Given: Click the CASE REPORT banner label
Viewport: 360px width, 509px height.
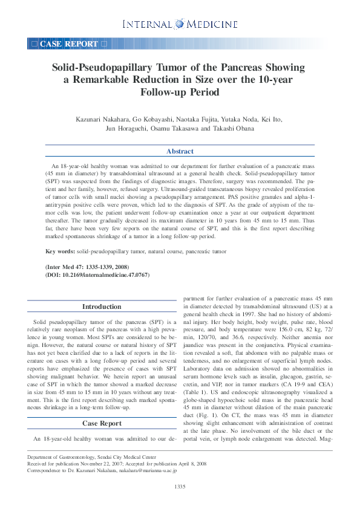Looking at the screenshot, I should [x=68, y=44].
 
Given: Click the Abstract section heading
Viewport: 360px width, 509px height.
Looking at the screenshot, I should [x=180, y=151].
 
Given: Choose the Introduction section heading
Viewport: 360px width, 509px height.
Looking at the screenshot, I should [x=102, y=306].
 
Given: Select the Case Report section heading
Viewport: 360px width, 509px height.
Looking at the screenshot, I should [x=102, y=423].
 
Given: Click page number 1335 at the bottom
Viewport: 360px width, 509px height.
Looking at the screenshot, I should [x=180, y=487].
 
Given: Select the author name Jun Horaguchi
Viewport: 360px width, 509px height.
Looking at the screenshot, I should [x=126, y=128].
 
